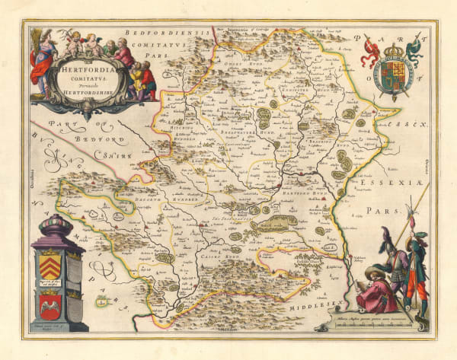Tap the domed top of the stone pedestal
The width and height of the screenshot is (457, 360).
pyautogui.click(x=55, y=227)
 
